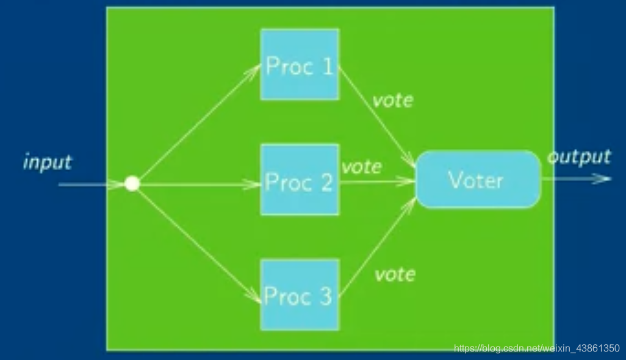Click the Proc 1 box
pyautogui.click(x=300, y=64)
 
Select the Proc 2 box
pyautogui.click(x=300, y=180)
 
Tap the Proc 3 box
pyautogui.click(x=300, y=295)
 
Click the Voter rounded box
pyautogui.click(x=478, y=179)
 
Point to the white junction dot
pyautogui.click(x=132, y=183)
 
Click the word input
pyautogui.click(x=47, y=162)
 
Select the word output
pyautogui.click(x=578, y=157)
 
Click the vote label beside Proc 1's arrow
pyautogui.click(x=393, y=99)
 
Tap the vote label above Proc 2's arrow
pyautogui.click(x=361, y=166)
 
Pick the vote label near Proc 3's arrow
pyautogui.click(x=395, y=275)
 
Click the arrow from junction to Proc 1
pyautogui.click(x=195, y=125)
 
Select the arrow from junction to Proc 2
pyautogui.click(x=195, y=183)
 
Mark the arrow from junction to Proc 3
pyautogui.click(x=195, y=240)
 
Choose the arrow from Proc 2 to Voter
pyautogui.click(x=375, y=181)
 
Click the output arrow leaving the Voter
pyautogui.click(x=577, y=179)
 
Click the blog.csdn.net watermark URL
pyautogui.click(x=537, y=348)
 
